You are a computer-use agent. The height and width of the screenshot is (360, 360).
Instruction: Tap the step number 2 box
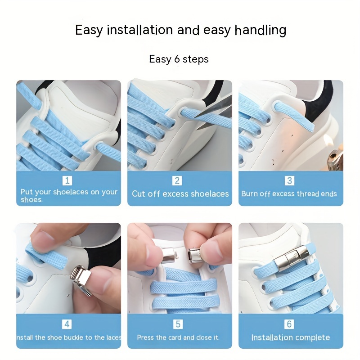(x=178, y=181)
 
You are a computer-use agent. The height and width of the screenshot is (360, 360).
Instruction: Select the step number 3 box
(x=289, y=181)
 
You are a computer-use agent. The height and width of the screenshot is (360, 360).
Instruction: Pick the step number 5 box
(x=178, y=324)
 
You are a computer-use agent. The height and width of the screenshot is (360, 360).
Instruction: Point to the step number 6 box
(x=289, y=324)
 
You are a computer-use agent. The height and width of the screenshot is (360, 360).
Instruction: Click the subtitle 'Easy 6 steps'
(x=179, y=59)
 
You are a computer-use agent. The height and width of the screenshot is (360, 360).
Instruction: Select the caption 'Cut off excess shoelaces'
(x=180, y=194)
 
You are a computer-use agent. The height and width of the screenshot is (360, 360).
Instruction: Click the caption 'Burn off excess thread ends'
(x=289, y=194)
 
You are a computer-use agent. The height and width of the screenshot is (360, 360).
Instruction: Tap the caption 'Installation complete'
(x=290, y=337)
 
